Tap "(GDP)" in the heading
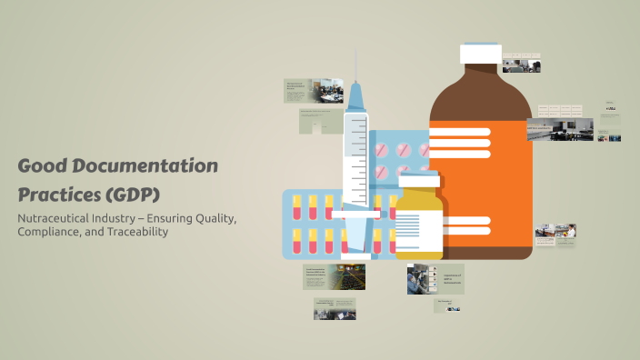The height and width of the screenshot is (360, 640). (133, 195)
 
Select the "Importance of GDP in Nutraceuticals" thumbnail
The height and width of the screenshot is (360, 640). (435, 278)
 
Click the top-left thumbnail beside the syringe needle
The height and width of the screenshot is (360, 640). (306, 90)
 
